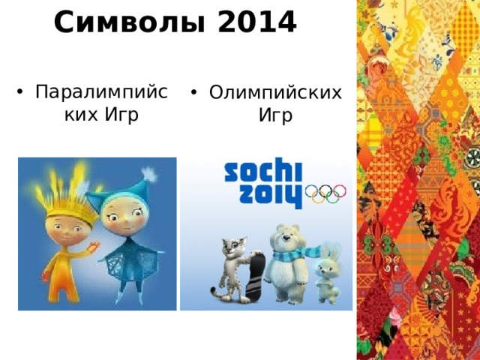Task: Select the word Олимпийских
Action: [275, 93]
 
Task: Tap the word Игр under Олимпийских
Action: [275, 115]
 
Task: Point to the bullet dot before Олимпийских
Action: [193, 94]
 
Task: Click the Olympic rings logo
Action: [325, 194]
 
